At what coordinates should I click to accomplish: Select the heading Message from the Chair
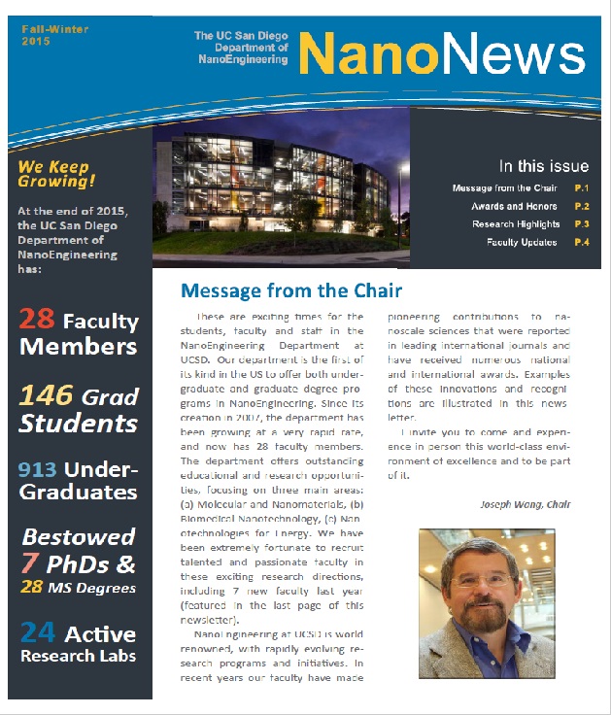[x=291, y=290]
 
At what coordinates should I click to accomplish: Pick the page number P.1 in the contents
[x=582, y=187]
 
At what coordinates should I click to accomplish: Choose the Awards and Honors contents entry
[x=515, y=206]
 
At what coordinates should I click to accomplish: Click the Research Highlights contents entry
[x=515, y=224]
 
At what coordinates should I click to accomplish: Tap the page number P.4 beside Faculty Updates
[x=582, y=242]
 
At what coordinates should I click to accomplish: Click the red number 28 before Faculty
[x=38, y=320]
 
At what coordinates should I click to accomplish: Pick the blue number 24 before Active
[x=38, y=633]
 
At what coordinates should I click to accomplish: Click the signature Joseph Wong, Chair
[x=525, y=504]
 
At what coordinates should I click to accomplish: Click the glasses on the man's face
[x=483, y=581]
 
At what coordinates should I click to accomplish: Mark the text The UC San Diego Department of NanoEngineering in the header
[x=241, y=48]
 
